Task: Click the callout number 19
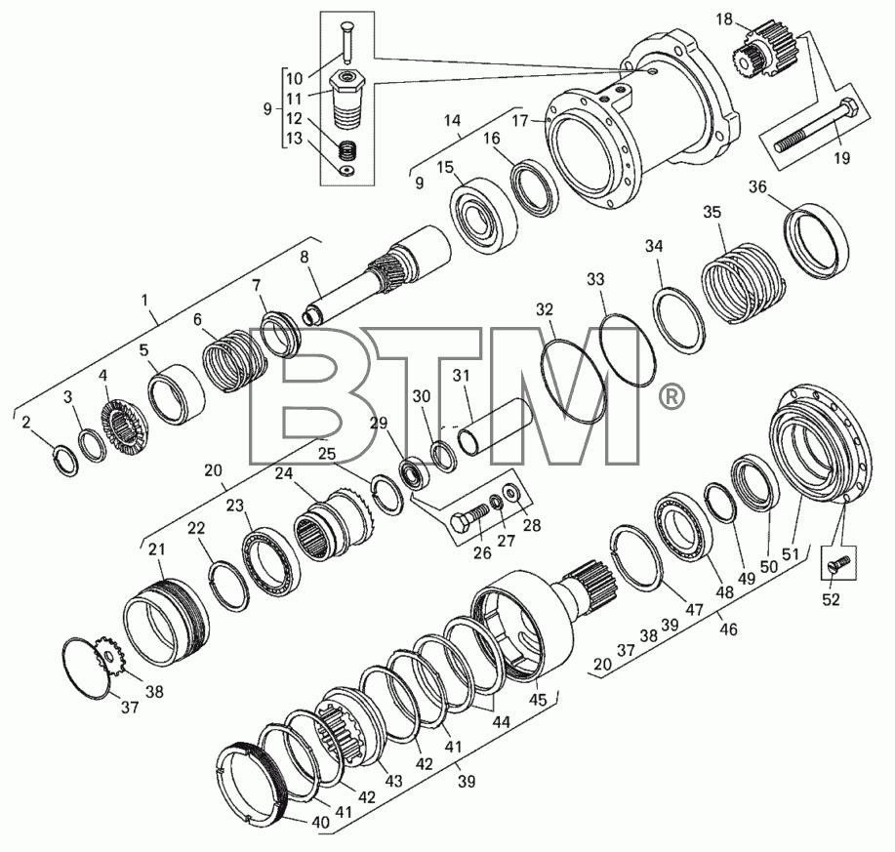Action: click(x=842, y=157)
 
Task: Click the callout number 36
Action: click(x=758, y=186)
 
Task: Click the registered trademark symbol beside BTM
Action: click(x=671, y=398)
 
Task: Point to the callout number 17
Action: click(x=520, y=121)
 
